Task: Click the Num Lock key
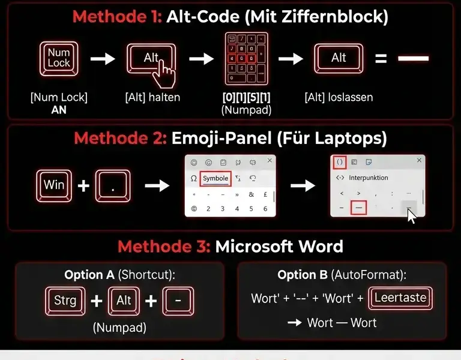[59, 58]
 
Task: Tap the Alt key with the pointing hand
[151, 59]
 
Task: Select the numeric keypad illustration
[246, 59]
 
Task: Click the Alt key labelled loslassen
[339, 58]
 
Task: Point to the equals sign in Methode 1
[379, 59]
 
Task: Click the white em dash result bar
[414, 59]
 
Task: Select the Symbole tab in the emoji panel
[215, 178]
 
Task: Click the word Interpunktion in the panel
[369, 178]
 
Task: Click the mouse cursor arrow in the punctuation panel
[411, 215]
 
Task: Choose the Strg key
[65, 300]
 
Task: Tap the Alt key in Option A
[124, 300]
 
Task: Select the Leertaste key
[401, 298]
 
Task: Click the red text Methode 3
[163, 247]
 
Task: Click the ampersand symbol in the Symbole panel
[251, 194]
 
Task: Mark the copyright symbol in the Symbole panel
[193, 209]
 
